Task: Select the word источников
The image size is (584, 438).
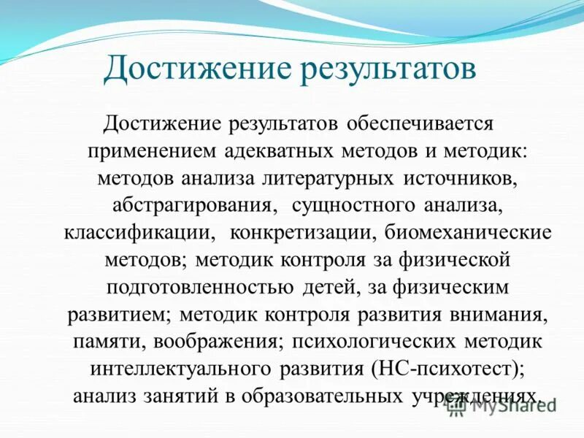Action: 459,178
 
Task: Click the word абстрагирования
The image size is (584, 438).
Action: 193,206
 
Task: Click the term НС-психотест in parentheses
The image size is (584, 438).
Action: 431,369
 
